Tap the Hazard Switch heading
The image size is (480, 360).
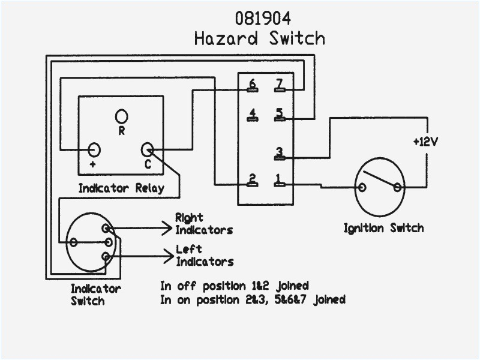259,39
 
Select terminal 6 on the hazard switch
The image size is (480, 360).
253,86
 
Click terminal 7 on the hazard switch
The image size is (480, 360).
279,86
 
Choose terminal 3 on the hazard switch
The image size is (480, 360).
279,154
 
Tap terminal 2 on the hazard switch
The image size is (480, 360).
253,180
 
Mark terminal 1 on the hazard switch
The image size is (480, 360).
279,180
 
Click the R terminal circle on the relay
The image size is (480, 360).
121,115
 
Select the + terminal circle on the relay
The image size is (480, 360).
94,149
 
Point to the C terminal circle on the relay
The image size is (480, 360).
147,149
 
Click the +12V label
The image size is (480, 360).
426,142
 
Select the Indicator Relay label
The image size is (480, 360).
121,188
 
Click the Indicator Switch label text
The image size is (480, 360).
96,295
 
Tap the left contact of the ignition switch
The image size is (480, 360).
362,187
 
